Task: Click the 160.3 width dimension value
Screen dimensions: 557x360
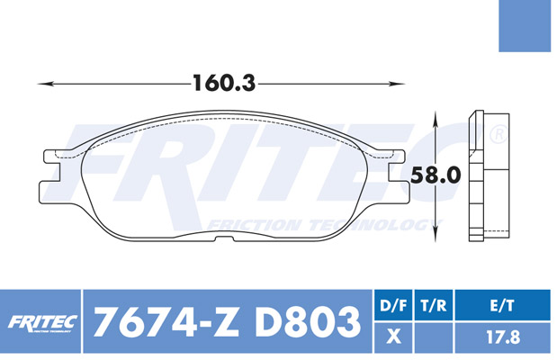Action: click(224, 83)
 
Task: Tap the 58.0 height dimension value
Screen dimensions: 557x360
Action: click(436, 175)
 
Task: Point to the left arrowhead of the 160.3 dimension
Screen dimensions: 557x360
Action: click(46, 84)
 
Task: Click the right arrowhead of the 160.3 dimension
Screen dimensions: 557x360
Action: click(397, 84)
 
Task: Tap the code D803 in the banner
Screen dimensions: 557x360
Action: click(307, 321)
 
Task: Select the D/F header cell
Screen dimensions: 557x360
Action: click(393, 305)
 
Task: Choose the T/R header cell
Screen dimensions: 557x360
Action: click(434, 305)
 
